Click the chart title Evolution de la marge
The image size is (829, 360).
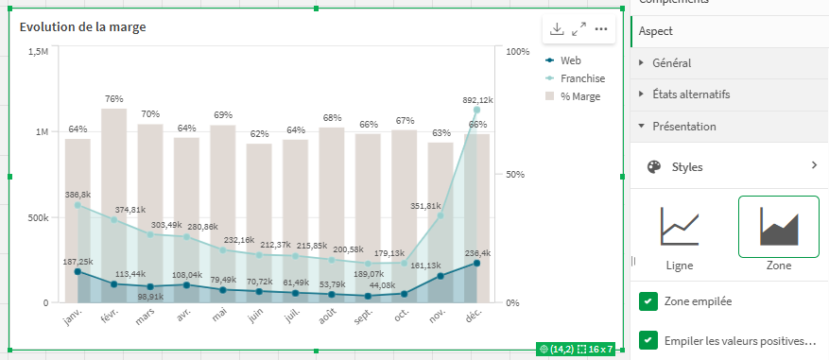[x=82, y=26]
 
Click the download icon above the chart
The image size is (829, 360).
[x=557, y=29]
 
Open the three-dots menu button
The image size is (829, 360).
[x=601, y=29]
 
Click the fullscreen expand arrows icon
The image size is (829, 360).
[x=579, y=29]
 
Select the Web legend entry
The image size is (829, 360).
[x=570, y=60]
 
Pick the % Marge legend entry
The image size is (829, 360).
[x=579, y=96]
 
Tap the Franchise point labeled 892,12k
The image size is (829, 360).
[x=476, y=111]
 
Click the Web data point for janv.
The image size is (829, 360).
[x=78, y=272]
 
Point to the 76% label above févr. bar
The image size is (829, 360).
[x=114, y=98]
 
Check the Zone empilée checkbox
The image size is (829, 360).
[x=648, y=301]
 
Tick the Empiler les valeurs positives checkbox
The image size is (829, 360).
[x=648, y=339]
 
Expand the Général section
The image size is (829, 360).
[x=671, y=63]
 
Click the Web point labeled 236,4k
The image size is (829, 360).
[x=476, y=264]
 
